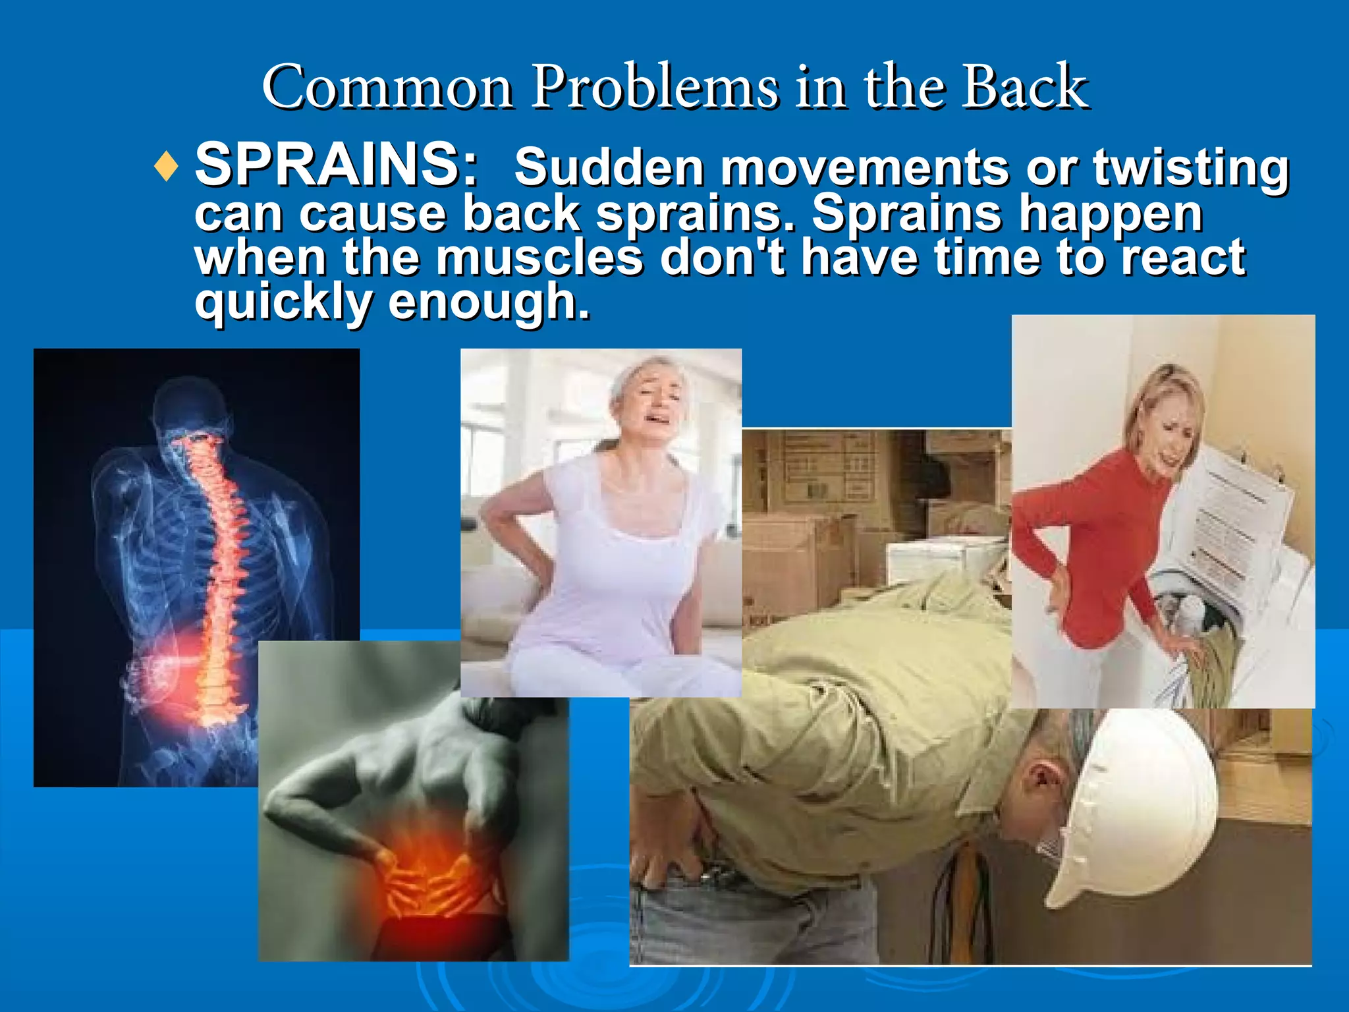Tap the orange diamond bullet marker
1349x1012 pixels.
click(x=166, y=167)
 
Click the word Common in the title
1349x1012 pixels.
click(x=387, y=87)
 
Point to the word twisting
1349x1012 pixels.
click(x=1191, y=169)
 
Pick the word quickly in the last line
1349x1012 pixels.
click(x=284, y=302)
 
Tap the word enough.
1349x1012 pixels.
click(x=489, y=302)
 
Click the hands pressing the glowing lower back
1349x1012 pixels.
click(x=422, y=876)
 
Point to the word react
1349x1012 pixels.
click(x=1183, y=258)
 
